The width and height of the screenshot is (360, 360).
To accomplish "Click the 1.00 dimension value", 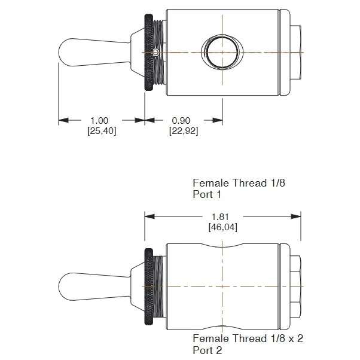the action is [99, 121].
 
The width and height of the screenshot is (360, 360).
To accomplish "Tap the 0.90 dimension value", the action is [181, 121].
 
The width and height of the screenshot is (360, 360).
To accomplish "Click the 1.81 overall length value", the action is [220, 216].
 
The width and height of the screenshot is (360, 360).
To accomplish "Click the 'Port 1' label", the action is [207, 194].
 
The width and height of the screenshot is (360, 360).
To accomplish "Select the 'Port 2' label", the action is [208, 350].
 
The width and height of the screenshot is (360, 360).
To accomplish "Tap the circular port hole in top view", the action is [222, 52].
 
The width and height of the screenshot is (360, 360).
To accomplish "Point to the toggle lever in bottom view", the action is [94, 286].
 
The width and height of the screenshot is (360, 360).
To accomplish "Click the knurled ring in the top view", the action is [149, 53].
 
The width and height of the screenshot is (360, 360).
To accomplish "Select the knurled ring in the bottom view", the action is [149, 286].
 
